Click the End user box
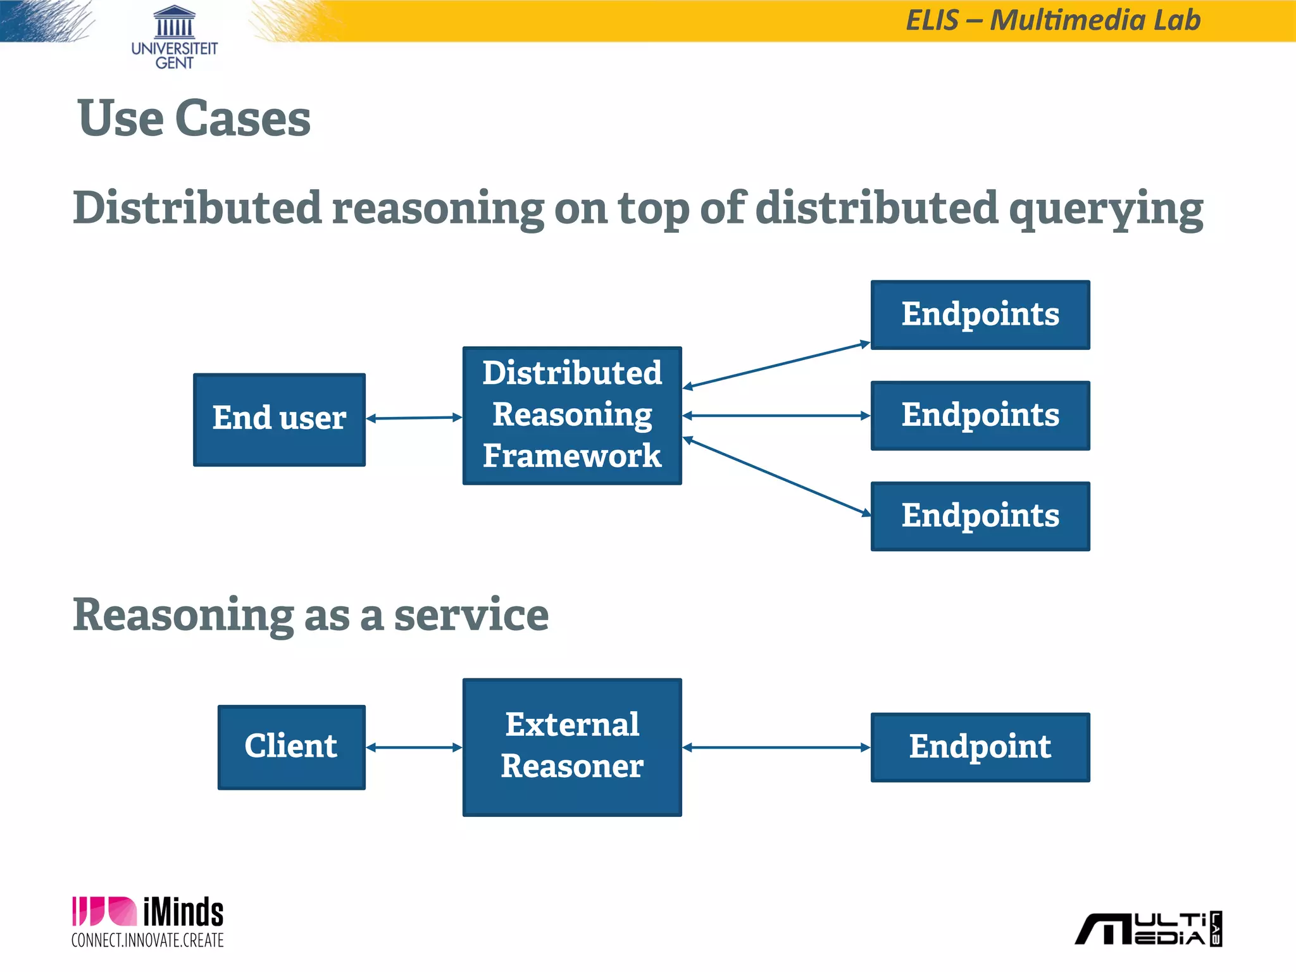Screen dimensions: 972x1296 pyautogui.click(x=279, y=420)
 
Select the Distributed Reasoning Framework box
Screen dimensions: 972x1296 pyautogui.click(x=572, y=416)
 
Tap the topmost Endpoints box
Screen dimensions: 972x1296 pyautogui.click(x=980, y=315)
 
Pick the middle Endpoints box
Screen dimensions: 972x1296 pyautogui.click(x=980, y=416)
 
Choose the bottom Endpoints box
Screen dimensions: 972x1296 pyautogui.click(x=980, y=516)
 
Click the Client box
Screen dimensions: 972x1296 pyautogui.click(x=291, y=747)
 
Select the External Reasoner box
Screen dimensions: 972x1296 pyautogui.click(x=572, y=747)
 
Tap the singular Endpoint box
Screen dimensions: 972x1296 pyautogui.click(x=980, y=747)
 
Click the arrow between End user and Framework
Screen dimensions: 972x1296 pyautogui.click(x=414, y=418)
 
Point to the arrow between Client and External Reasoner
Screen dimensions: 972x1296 pyautogui.click(x=414, y=747)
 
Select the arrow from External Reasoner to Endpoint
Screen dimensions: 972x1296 pyautogui.click(x=776, y=747)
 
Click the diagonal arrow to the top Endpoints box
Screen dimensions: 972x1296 pyautogui.click(x=776, y=365)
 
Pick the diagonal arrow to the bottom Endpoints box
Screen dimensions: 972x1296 pyautogui.click(x=776, y=476)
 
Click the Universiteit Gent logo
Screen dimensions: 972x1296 pyautogui.click(x=174, y=37)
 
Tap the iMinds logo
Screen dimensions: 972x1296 pyautogui.click(x=147, y=922)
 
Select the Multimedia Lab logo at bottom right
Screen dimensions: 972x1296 pyautogui.click(x=1149, y=929)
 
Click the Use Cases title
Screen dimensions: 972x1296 pyautogui.click(x=194, y=118)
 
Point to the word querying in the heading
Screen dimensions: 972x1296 pyautogui.click(x=1106, y=209)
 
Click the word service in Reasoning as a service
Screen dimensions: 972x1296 pyautogui.click(x=471, y=615)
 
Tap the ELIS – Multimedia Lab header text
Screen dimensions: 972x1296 pyautogui.click(x=1053, y=20)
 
